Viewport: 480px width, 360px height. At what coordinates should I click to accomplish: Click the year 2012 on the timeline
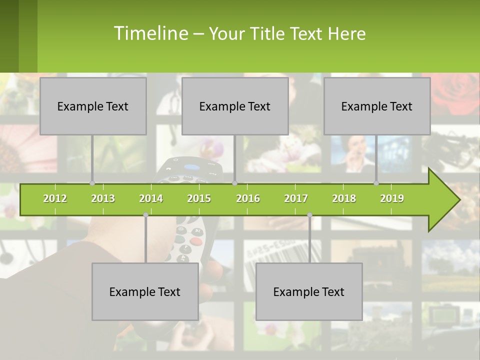[55, 198]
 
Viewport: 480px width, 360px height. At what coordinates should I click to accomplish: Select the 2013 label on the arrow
[103, 198]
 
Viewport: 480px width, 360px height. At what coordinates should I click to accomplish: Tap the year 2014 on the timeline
[151, 198]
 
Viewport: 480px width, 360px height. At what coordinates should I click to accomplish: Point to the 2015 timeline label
[199, 198]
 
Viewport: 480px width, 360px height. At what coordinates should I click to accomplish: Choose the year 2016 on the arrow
[248, 198]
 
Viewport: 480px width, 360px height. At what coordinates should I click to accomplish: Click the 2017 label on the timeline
[296, 198]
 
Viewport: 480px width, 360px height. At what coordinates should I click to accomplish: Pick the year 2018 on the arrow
[344, 198]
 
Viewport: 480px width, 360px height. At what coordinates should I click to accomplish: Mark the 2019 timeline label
[392, 198]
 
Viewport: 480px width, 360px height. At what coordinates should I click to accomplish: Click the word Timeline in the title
[150, 33]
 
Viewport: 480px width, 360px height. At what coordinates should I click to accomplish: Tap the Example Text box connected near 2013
[93, 106]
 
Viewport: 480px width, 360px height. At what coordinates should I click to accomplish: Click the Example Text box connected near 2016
[235, 106]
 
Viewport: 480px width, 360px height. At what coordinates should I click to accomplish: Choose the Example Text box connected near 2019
[377, 106]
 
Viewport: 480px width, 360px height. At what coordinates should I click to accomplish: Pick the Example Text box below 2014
[145, 291]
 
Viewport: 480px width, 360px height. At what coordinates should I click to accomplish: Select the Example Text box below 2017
[309, 291]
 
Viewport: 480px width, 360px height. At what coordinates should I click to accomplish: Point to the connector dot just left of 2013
[92, 183]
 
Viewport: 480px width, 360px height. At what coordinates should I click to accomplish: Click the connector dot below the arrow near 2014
[145, 215]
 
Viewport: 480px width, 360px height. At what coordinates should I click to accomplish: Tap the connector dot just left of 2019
[376, 183]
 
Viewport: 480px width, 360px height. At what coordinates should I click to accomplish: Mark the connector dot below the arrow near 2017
[309, 215]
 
